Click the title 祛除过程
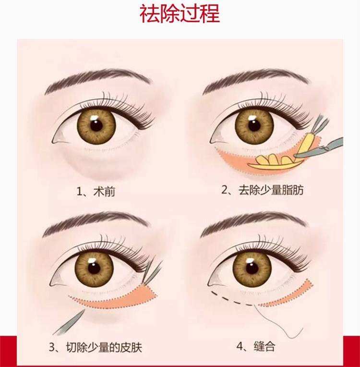pos(180,14)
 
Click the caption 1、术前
pos(96,192)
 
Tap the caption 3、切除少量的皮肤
pos(96,347)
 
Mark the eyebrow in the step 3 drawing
pos(94,221)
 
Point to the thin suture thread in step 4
pos(283,327)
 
